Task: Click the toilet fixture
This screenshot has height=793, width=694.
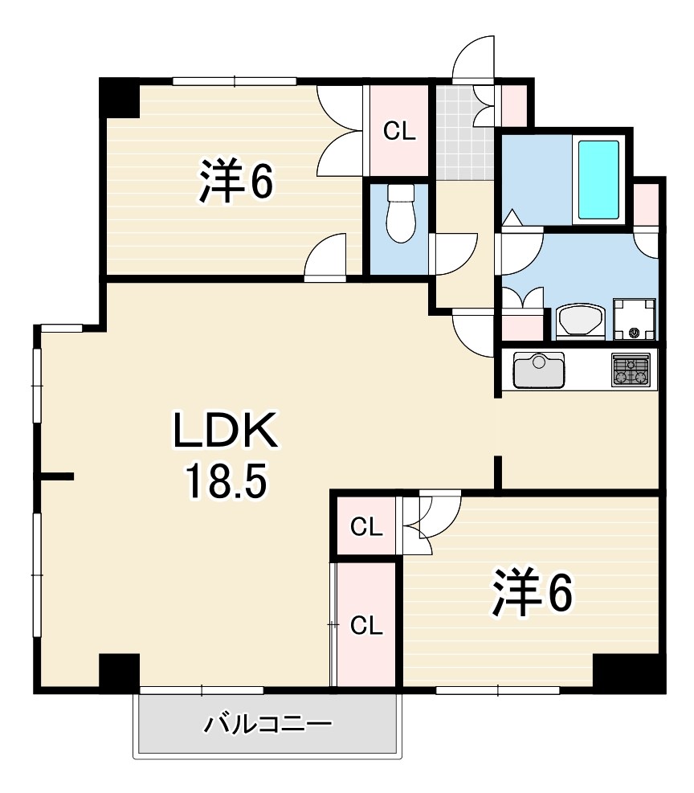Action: [x=400, y=213]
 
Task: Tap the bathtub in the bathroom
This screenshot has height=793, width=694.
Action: [x=598, y=180]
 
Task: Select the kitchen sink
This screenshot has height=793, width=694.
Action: [x=539, y=370]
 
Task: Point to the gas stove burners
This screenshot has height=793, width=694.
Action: [x=631, y=370]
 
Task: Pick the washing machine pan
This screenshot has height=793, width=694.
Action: [x=634, y=319]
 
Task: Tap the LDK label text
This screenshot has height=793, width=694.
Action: [x=226, y=430]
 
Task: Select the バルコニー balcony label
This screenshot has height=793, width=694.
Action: [x=268, y=725]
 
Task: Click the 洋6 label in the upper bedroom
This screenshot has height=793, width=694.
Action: [x=235, y=181]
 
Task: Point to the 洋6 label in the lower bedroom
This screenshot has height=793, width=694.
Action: [x=533, y=593]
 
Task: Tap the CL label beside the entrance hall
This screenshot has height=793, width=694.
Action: [x=399, y=132]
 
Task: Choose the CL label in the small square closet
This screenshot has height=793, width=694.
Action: [x=366, y=528]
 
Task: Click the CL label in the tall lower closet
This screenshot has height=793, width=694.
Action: [x=366, y=626]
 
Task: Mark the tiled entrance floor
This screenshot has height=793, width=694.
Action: [x=464, y=132]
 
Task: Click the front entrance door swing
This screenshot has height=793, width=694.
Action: [x=473, y=58]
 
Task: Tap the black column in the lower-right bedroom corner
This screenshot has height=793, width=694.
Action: [x=629, y=673]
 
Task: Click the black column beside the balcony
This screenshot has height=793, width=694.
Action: [x=120, y=673]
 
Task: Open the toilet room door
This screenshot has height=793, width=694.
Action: [x=453, y=253]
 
